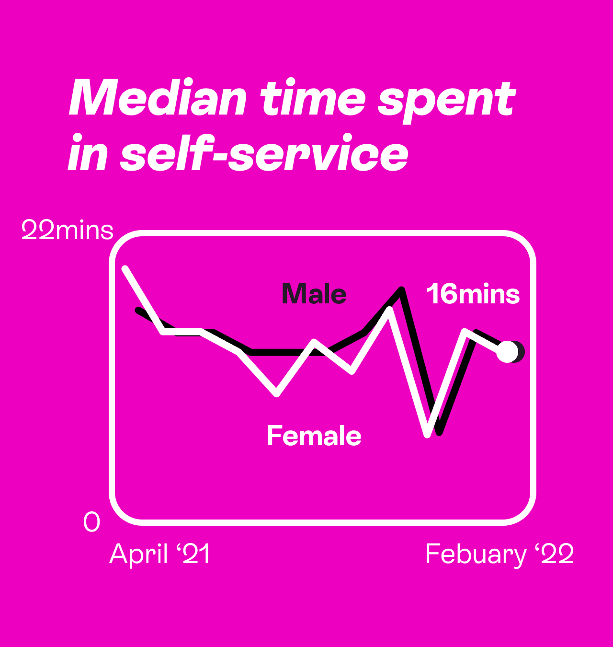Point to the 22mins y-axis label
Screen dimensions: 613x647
click(x=68, y=230)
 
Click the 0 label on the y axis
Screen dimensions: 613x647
click(x=91, y=521)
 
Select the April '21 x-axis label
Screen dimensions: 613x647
click(x=159, y=554)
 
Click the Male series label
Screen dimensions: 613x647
click(x=314, y=294)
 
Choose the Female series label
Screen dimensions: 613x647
click(x=314, y=435)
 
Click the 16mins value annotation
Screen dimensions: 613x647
click(x=473, y=294)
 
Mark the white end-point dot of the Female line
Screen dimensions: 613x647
click(x=507, y=352)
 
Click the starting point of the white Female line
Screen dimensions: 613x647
click(x=125, y=268)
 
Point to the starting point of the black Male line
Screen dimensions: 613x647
click(x=138, y=310)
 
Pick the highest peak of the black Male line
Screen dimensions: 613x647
click(x=401, y=289)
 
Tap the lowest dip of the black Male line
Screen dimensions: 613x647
click(x=439, y=432)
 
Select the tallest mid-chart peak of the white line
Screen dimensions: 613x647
click(x=389, y=309)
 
